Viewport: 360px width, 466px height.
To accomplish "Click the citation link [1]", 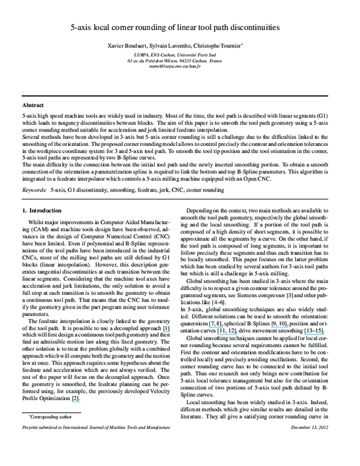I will [166, 328].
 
